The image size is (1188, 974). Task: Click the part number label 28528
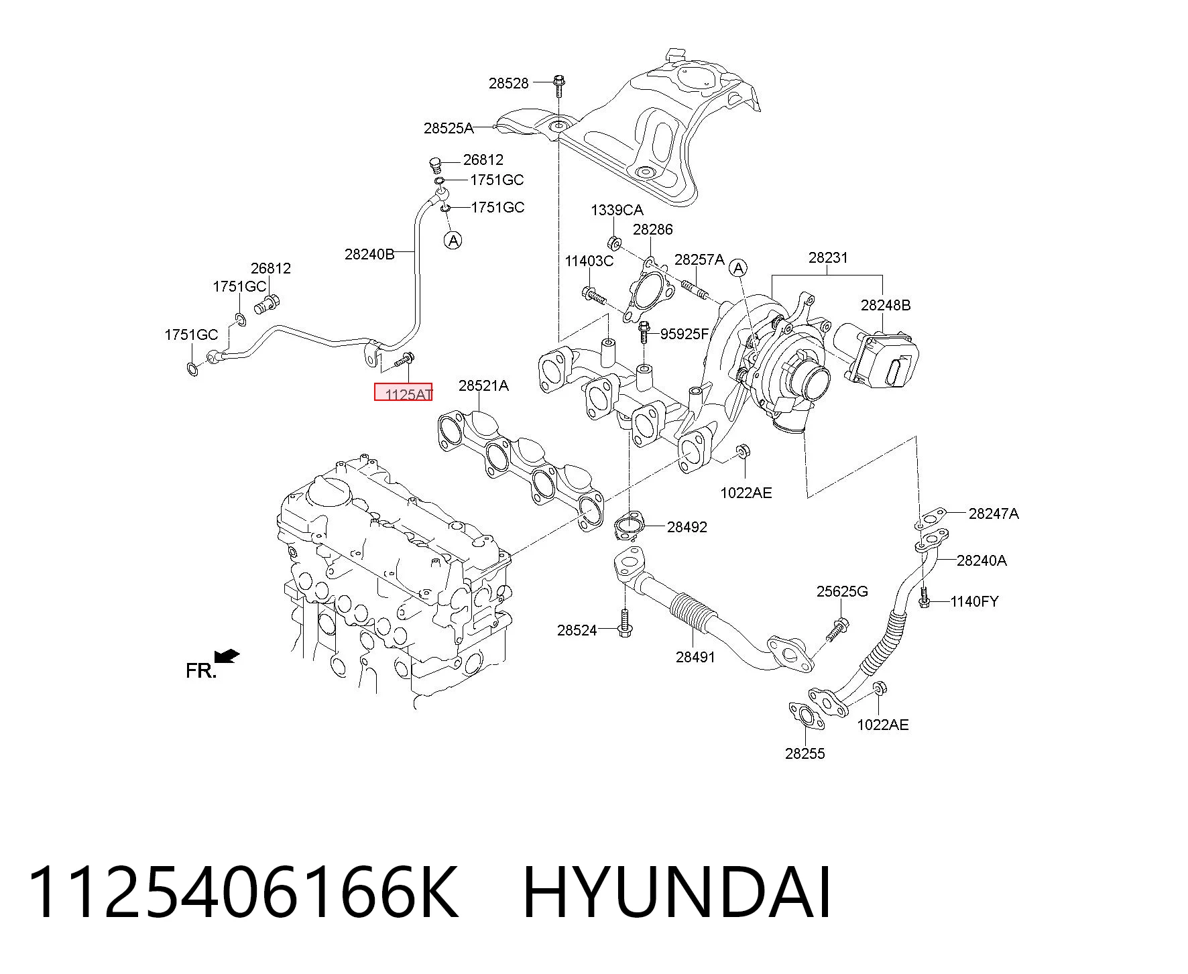tap(508, 83)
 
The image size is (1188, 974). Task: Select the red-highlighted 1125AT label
tap(403, 391)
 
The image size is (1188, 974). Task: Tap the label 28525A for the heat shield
tap(449, 127)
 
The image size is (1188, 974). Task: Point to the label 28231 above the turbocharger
tap(827, 257)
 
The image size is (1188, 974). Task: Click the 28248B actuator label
tap(886, 305)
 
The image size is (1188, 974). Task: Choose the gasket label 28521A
tap(483, 385)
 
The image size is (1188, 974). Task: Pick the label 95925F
tap(684, 334)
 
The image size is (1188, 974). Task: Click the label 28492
tap(687, 527)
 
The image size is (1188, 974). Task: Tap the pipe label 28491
tap(695, 657)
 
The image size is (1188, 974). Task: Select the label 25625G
tap(842, 591)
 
